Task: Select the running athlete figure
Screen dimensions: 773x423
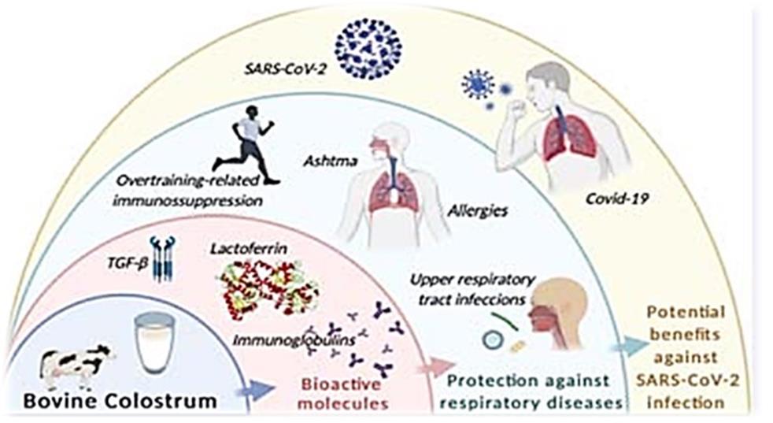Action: [x=246, y=146]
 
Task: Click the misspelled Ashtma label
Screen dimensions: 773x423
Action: [x=331, y=161]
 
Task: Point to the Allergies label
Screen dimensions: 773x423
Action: [x=478, y=211]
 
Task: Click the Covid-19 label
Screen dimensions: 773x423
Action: [x=616, y=199]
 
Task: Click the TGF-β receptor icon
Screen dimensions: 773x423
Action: [x=163, y=258]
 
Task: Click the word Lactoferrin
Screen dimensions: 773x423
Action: [x=249, y=248]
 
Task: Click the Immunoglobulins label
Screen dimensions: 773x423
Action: [x=294, y=340]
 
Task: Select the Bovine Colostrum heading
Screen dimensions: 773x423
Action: [x=120, y=401]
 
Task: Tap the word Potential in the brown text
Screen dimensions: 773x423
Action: [x=686, y=312]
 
